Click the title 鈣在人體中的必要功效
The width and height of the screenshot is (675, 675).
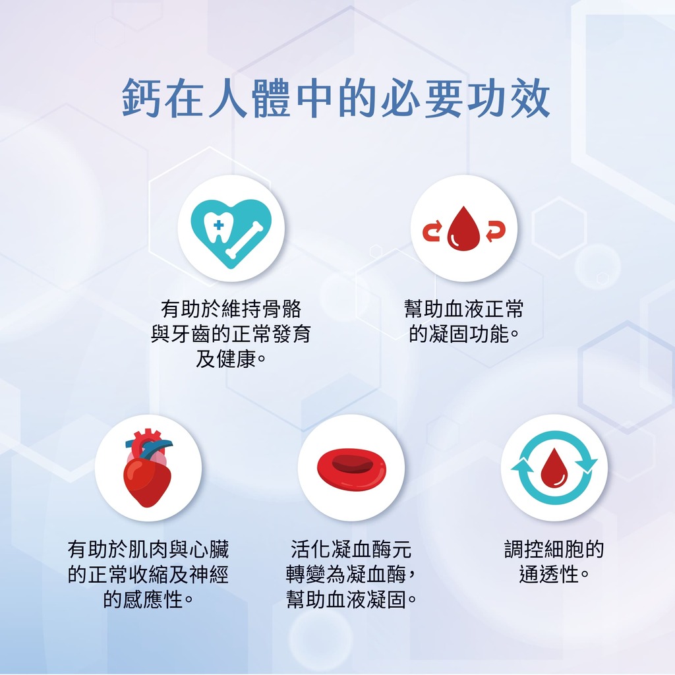coord(336,99)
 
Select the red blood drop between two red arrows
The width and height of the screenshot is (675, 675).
coord(463,228)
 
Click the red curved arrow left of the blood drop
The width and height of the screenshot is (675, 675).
coord(432,231)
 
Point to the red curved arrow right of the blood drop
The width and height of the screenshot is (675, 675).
coord(496,231)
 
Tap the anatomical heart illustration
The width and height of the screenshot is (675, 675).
coord(147,468)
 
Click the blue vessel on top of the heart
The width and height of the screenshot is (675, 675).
coord(150,448)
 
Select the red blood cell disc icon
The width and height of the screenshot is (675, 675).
coord(351,469)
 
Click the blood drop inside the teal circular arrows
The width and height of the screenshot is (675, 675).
coord(554,467)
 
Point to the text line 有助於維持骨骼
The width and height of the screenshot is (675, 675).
coord(231,308)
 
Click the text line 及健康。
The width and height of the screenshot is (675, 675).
coord(231,359)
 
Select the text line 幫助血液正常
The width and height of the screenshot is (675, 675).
coord(463,308)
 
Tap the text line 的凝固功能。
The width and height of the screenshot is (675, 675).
coord(463,334)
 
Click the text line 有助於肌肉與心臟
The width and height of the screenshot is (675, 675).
coord(148,549)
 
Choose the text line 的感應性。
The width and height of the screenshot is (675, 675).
coord(148,599)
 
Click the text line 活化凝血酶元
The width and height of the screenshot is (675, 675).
coord(351,549)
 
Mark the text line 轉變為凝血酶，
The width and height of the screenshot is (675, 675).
coord(351,574)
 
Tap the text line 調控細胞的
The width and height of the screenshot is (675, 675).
coord(554,549)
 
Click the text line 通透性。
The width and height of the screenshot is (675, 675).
coord(554,574)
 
